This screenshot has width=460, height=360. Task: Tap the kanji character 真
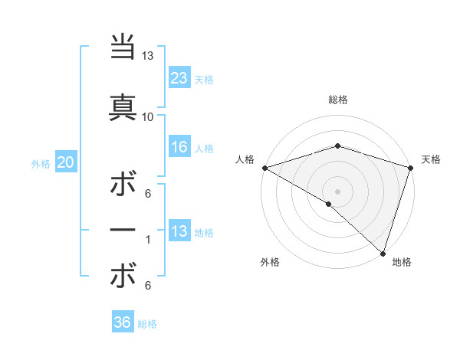[123, 106]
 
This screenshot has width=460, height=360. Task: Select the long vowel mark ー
[123, 231]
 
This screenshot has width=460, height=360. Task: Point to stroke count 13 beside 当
[147, 56]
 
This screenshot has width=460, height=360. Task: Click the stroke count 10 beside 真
[147, 116]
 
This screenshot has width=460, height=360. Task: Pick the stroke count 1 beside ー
[147, 241]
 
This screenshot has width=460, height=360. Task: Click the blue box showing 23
[179, 77]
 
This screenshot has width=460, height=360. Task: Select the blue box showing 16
[179, 147]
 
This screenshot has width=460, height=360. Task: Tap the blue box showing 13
[179, 231]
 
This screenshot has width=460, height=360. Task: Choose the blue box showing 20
[66, 162]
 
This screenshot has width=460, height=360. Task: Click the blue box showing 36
[123, 322]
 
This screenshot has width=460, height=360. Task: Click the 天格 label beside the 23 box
[204, 79]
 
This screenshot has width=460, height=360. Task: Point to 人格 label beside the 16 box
[204, 149]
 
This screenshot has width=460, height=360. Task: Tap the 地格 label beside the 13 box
[204, 233]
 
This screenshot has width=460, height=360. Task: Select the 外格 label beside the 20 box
[41, 164]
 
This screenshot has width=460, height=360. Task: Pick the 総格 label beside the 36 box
[147, 324]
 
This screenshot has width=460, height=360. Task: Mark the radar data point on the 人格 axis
[264, 167]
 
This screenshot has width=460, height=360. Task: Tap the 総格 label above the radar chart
[337, 100]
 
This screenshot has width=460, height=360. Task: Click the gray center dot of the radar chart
[337, 191]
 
